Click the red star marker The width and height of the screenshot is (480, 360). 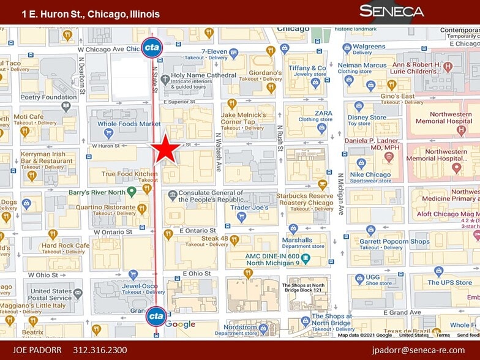tap(166, 149)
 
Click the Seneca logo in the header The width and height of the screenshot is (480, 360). tap(392, 11)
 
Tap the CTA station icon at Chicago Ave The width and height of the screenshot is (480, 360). tap(152, 47)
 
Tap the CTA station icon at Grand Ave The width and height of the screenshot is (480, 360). tap(156, 316)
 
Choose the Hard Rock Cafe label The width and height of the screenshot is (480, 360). tap(65, 246)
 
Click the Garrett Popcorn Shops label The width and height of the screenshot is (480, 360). tap(394, 241)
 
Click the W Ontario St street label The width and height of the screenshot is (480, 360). tap(113, 232)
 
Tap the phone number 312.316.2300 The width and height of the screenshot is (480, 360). tap(100, 350)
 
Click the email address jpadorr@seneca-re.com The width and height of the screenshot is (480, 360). tap(418, 350)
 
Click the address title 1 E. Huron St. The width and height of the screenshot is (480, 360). tap(91, 13)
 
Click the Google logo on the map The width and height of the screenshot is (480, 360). tap(180, 324)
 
